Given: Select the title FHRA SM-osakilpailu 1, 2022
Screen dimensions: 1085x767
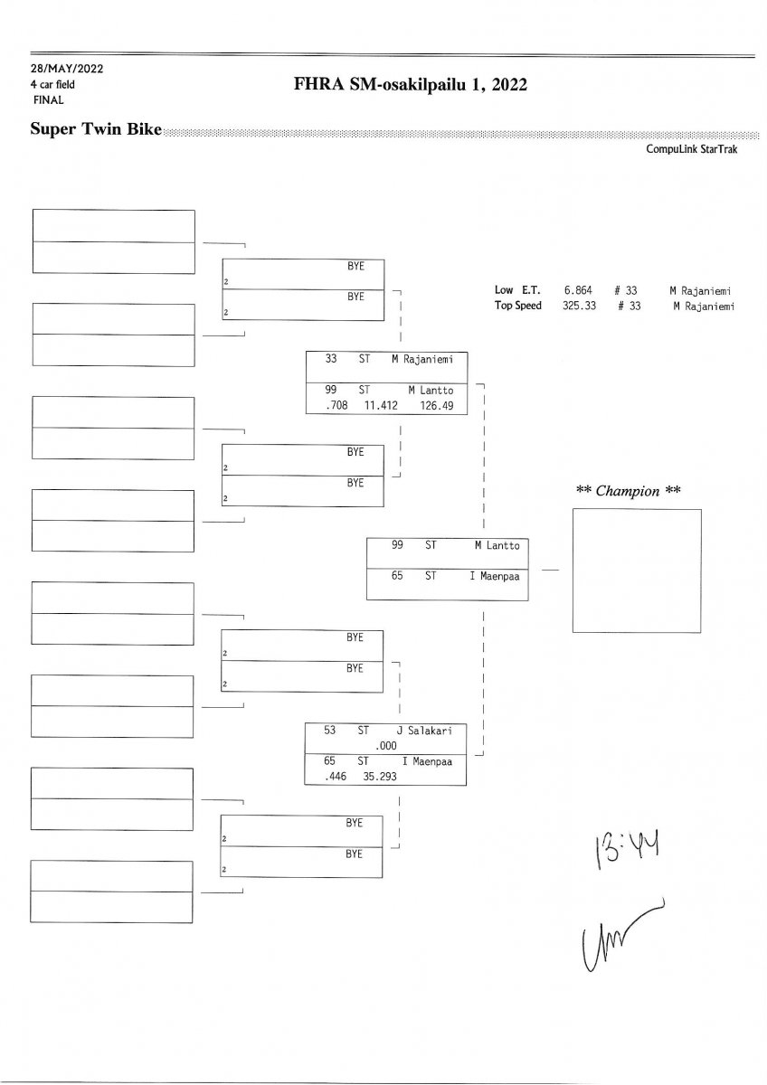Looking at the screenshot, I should click(410, 85).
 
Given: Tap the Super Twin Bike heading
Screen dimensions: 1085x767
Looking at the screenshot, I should click(96, 129).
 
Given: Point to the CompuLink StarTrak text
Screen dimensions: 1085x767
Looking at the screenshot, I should click(692, 150).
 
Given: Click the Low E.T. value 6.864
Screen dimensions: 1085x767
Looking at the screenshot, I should click(577, 290).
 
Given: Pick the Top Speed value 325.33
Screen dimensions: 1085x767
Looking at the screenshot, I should click(577, 306).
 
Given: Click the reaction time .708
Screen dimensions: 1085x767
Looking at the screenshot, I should click(325, 406).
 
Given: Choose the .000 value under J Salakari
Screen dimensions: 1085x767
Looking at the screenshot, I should click(386, 745).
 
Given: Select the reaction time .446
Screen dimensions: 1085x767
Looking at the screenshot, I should click(323, 777).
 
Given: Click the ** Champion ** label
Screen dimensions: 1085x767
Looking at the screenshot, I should click(629, 491).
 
